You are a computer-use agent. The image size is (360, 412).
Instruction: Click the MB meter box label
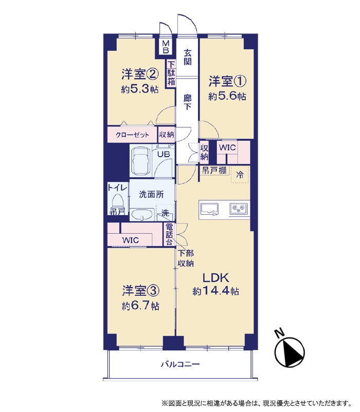[x=166, y=47]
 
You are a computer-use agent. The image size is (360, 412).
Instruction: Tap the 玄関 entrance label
[x=188, y=57]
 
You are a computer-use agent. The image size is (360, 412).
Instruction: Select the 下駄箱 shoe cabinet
[x=171, y=73]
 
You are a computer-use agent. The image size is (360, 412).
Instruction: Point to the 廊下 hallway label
[x=187, y=102]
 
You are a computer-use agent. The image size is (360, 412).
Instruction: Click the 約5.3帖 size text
[x=140, y=89]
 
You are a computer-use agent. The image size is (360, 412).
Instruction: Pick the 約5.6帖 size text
[x=227, y=96]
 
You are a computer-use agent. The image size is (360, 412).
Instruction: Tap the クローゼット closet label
[x=132, y=135]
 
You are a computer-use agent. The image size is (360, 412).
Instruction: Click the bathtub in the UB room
[x=141, y=161]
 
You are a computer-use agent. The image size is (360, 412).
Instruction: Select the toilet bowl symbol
[x=118, y=201]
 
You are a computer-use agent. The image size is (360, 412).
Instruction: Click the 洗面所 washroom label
[x=151, y=194]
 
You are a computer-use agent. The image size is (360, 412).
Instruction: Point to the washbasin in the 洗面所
[x=142, y=214]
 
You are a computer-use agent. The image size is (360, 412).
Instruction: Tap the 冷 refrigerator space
[x=240, y=175]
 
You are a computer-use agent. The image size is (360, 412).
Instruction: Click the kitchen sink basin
[x=209, y=209]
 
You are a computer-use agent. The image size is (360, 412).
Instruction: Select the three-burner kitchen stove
[x=238, y=209]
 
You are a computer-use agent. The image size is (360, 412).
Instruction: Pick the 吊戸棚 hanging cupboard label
[x=214, y=170]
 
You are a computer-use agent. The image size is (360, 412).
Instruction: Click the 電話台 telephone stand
[x=169, y=234]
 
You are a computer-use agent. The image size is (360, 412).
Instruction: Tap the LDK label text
[x=215, y=277]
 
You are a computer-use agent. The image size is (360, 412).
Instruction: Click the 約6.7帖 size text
[x=141, y=306]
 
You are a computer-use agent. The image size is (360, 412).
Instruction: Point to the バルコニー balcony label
[x=181, y=364]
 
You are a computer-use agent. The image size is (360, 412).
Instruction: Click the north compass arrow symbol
[x=290, y=352]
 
